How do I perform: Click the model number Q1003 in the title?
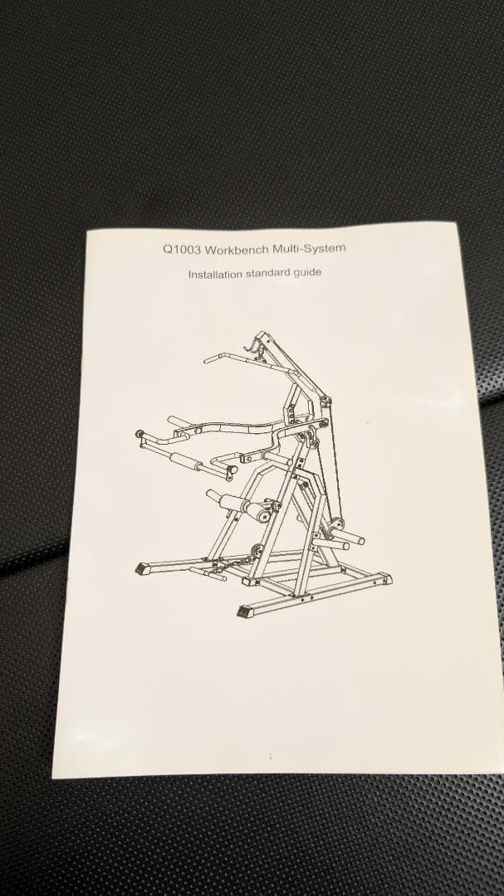[181, 249]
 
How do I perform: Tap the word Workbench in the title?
[237, 249]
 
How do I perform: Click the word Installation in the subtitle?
[215, 275]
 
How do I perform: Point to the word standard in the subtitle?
[267, 274]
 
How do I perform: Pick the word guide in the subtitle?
[306, 273]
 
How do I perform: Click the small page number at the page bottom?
[270, 757]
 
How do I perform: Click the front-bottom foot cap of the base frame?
[244, 612]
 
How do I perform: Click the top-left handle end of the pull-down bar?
[208, 361]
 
